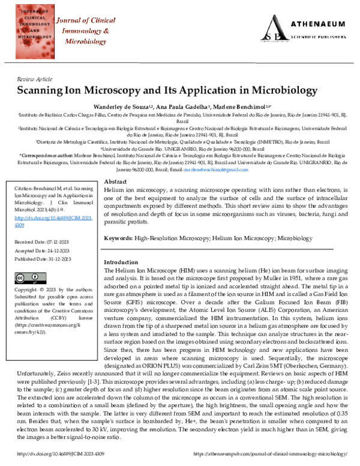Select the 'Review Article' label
35,79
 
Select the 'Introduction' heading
121,262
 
